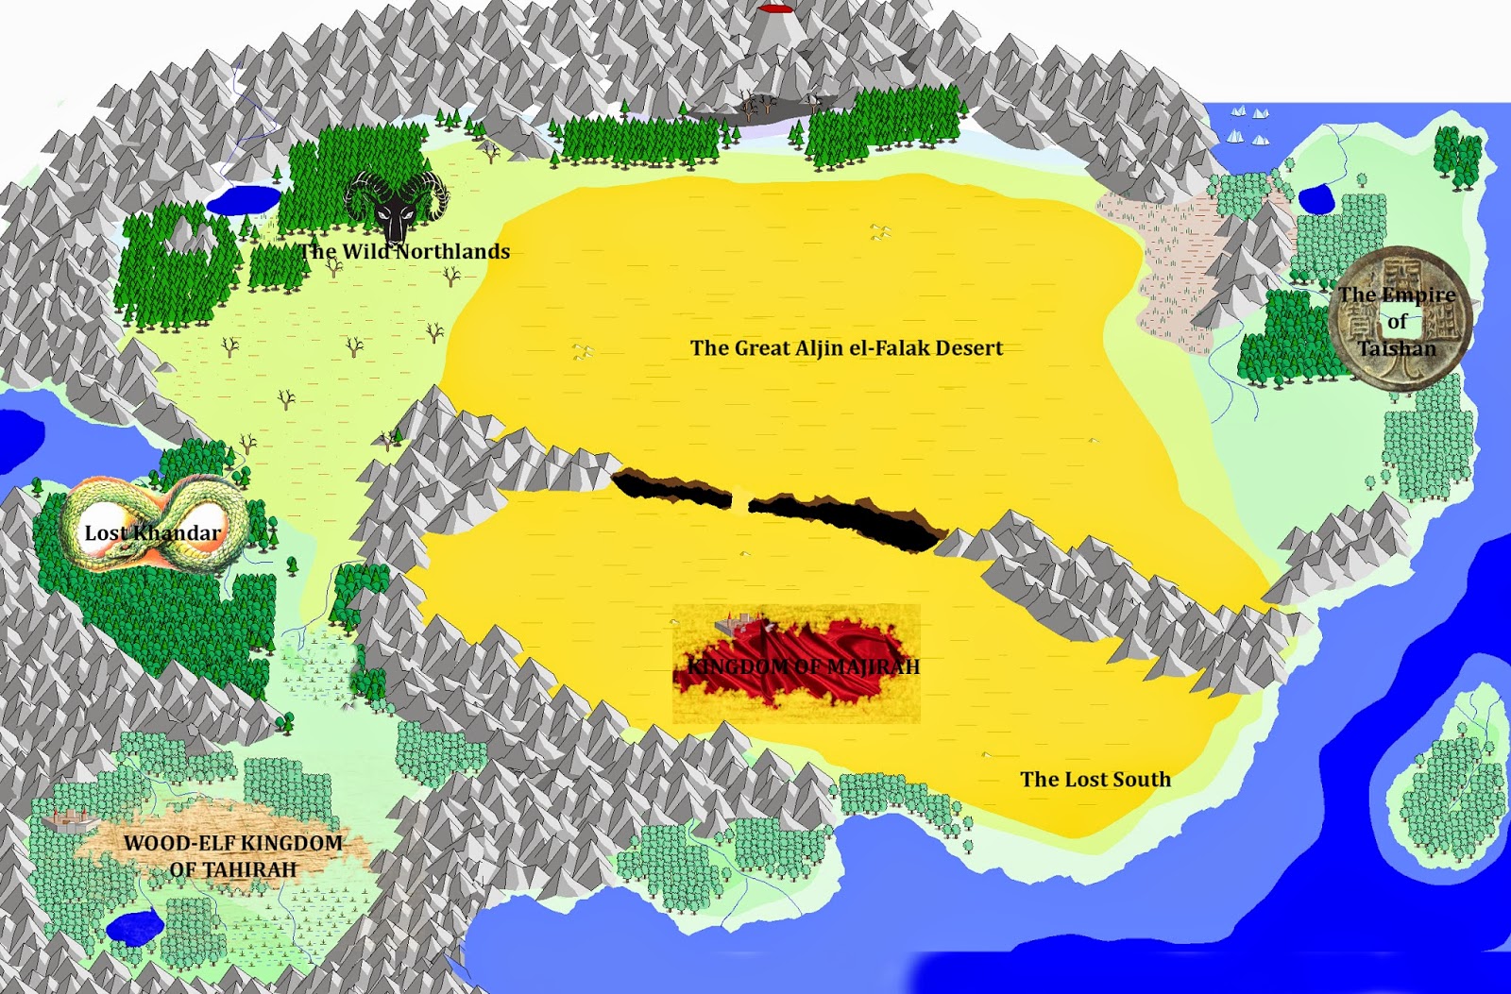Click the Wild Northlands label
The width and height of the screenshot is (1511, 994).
[405, 252]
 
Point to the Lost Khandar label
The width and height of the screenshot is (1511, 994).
[152, 533]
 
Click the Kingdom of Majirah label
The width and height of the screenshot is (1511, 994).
[803, 666]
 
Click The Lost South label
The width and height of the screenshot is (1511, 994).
[1095, 780]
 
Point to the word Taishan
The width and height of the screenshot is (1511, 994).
[1397, 348]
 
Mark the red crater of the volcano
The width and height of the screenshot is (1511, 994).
[775, 8]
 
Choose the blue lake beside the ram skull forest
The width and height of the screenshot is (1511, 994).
[244, 200]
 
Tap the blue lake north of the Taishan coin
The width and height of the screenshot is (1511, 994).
[1315, 199]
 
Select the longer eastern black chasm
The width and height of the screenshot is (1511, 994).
[845, 517]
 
